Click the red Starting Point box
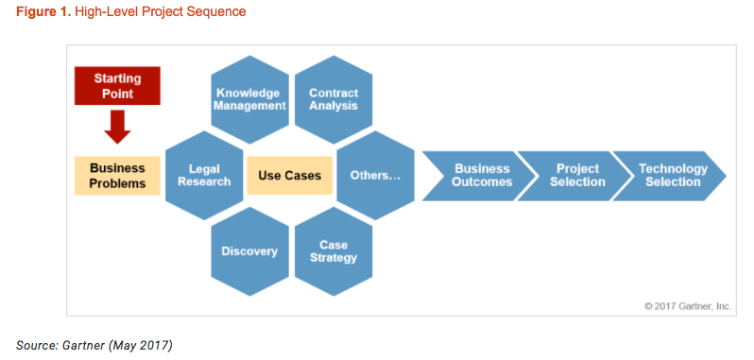point(118,85)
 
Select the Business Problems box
point(118,176)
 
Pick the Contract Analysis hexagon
point(334,99)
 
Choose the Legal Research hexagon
point(204,175)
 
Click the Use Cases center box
point(290,176)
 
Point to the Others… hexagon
point(375,176)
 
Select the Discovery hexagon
point(249,251)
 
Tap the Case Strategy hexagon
point(334,251)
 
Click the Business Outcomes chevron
point(481,176)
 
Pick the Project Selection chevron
point(576,176)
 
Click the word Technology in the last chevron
point(673,169)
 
